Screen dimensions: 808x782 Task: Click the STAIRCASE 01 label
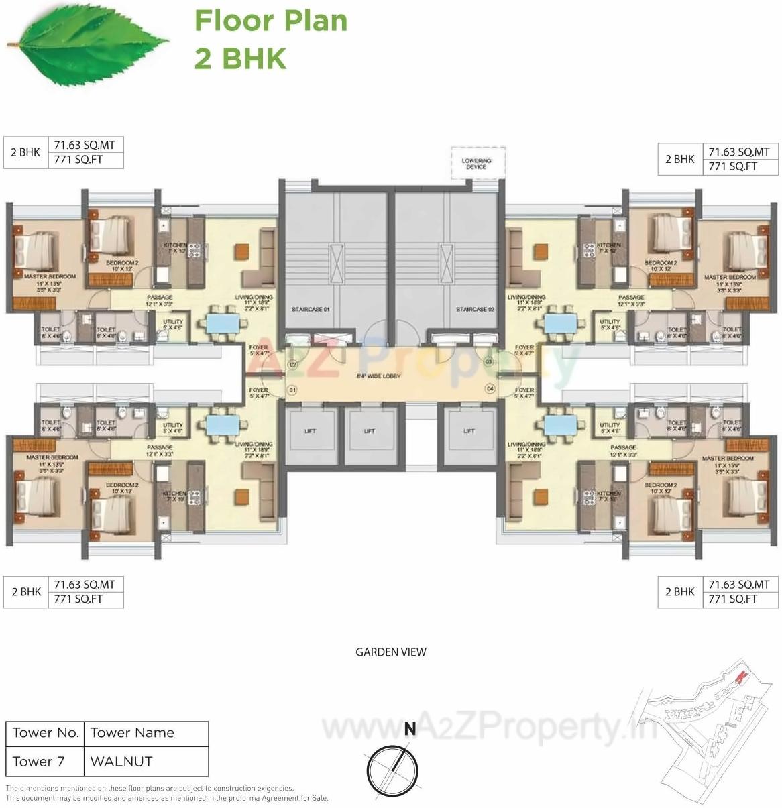click(x=311, y=310)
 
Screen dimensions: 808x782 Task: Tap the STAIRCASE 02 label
click(x=475, y=310)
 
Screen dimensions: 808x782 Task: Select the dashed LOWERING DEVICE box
click(x=476, y=164)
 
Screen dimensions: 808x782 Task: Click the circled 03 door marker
click(x=488, y=362)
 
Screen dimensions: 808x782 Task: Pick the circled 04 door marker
click(x=490, y=388)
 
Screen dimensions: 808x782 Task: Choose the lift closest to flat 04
click(x=469, y=431)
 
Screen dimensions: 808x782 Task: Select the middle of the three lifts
click(x=370, y=431)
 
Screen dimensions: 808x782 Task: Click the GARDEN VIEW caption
click(x=390, y=652)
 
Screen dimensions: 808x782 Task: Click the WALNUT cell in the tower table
click(x=121, y=762)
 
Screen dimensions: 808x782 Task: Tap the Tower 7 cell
click(x=39, y=762)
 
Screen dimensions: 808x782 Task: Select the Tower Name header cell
click(x=132, y=733)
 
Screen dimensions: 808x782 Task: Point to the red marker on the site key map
click(x=740, y=677)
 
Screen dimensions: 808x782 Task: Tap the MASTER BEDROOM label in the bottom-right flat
click(x=728, y=459)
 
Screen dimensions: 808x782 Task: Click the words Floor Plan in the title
click(x=271, y=21)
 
